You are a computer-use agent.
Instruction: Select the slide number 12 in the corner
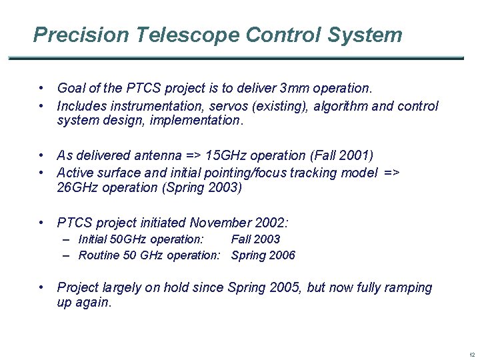[x=471, y=355]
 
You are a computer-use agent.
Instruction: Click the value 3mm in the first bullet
[x=295, y=88]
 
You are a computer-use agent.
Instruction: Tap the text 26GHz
[x=79, y=187]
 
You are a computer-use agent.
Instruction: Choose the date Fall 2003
[x=255, y=239]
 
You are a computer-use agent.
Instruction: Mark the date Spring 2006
[x=263, y=255]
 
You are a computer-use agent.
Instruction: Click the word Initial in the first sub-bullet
[x=93, y=239]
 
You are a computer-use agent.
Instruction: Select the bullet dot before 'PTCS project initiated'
[x=41, y=223]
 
